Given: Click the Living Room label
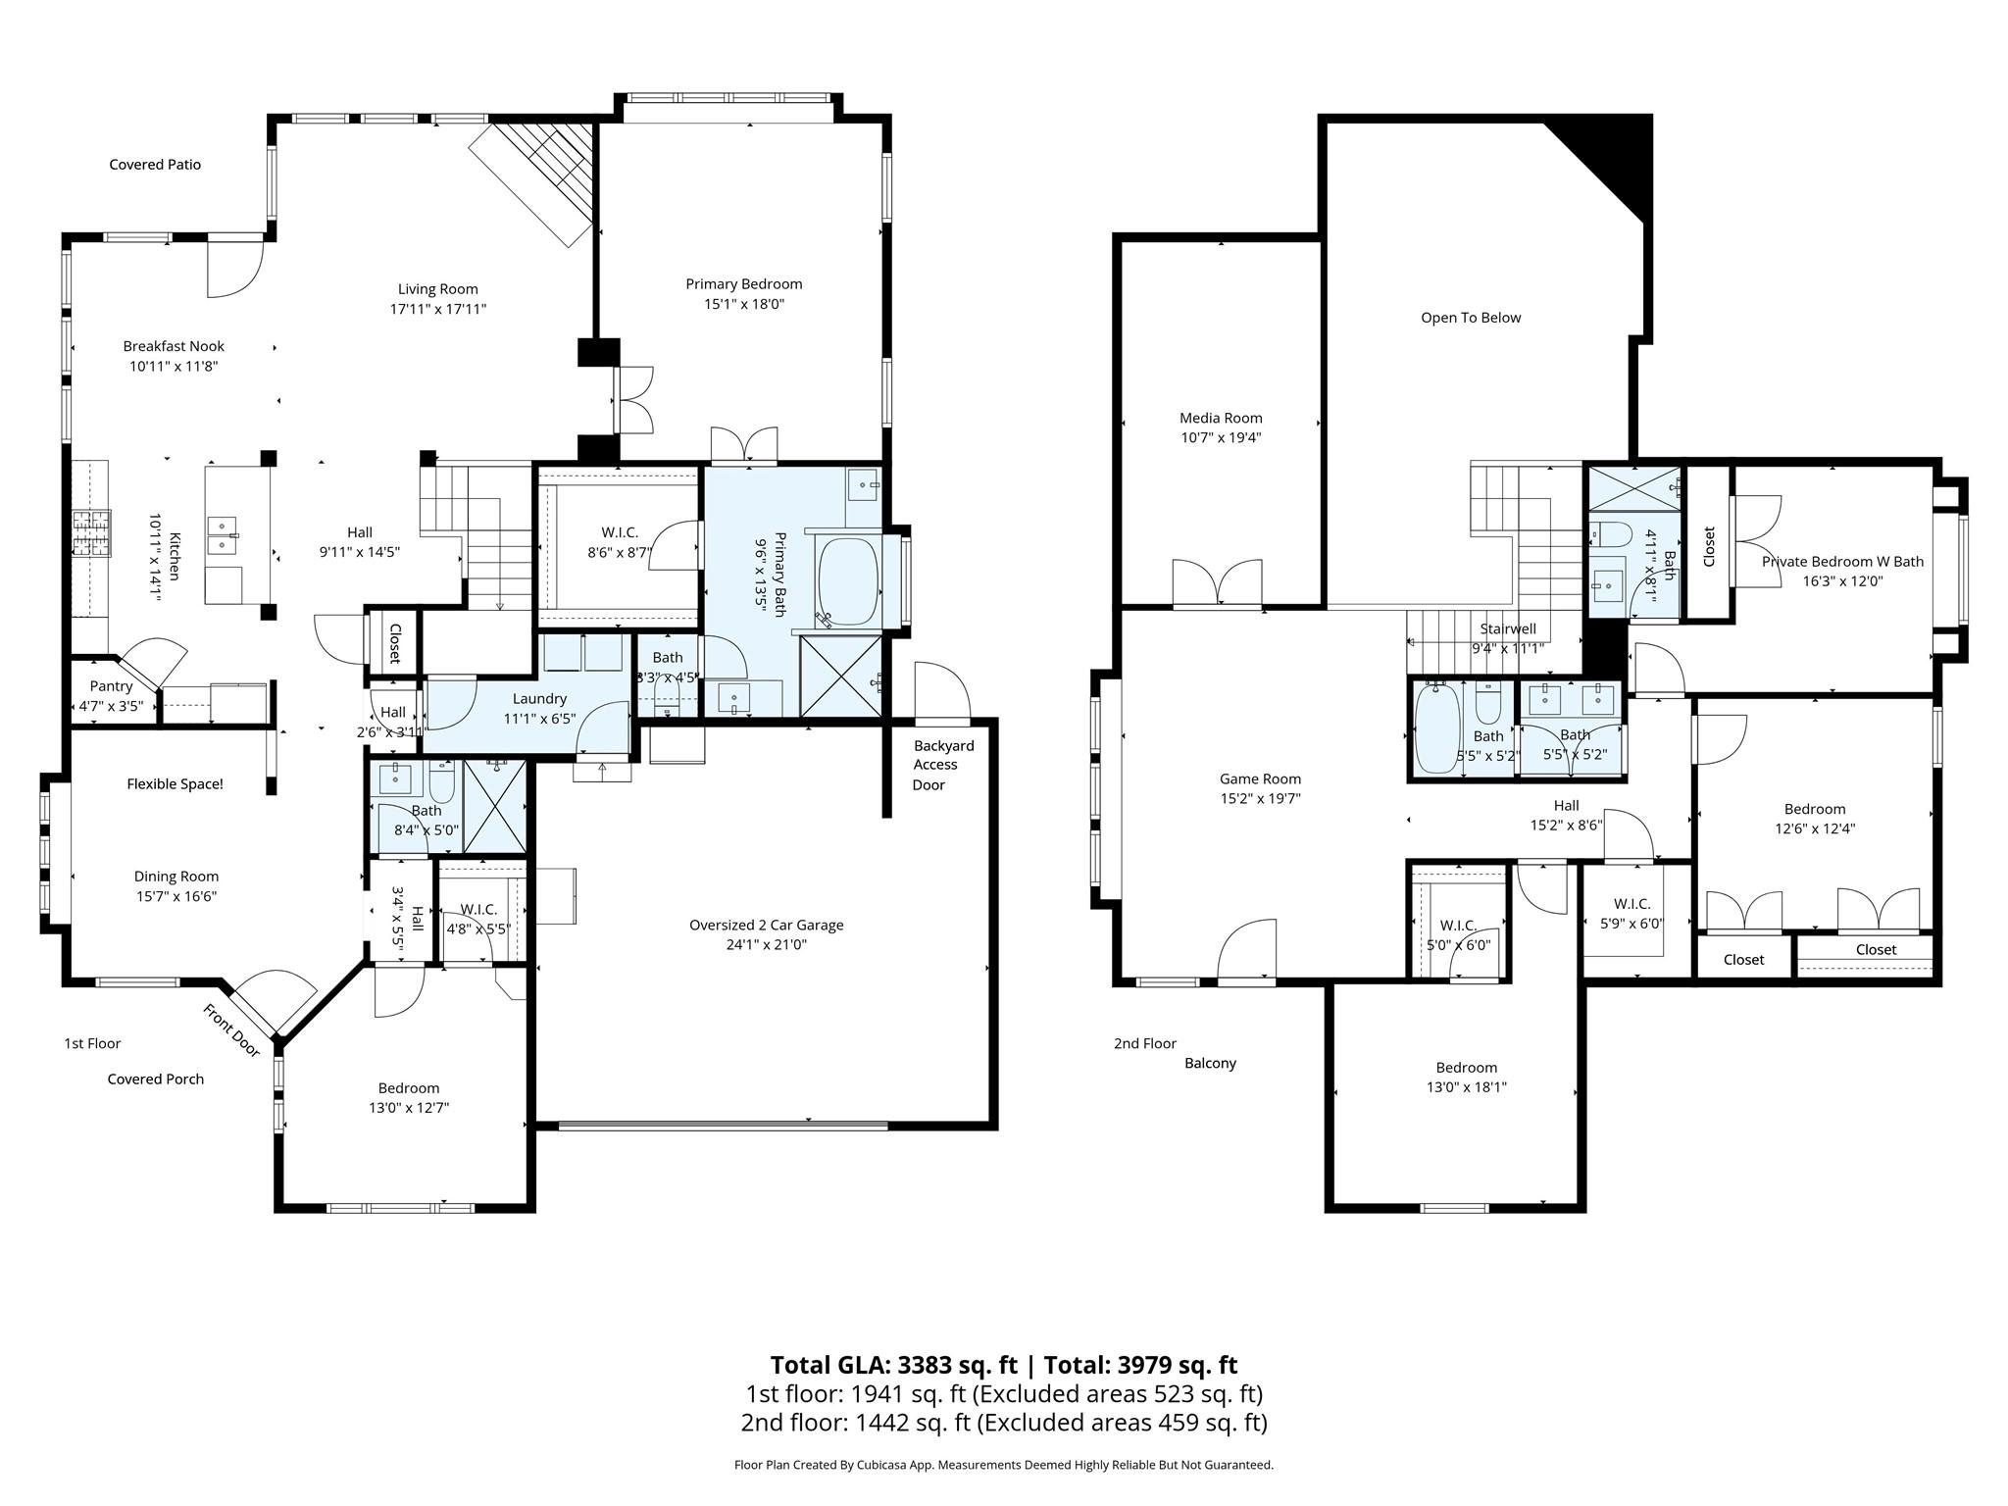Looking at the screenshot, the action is click(438, 289).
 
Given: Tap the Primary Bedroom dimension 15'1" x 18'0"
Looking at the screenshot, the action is click(744, 304).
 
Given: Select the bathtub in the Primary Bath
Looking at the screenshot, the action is click(849, 579).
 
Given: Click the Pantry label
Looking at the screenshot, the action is click(111, 686).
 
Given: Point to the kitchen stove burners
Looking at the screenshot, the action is click(90, 534).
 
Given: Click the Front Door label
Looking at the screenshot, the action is click(231, 1030).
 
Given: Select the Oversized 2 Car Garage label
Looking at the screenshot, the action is click(766, 925).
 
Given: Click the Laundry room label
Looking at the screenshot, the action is click(539, 699).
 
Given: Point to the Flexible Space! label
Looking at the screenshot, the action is click(175, 784).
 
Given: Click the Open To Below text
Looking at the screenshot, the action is click(1471, 318).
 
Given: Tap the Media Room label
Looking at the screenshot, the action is click(1221, 418).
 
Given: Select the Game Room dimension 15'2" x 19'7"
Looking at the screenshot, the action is click(1260, 799).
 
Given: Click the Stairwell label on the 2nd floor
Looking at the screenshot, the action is click(1508, 629).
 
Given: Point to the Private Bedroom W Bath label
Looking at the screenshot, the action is click(1842, 562).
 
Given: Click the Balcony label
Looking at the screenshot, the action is click(1210, 1063).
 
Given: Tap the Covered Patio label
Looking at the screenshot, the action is click(155, 165).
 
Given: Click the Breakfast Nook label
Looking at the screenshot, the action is click(174, 346).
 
